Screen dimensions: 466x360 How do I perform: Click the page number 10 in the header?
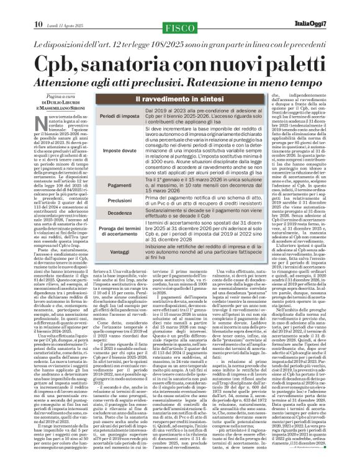click(x=37, y=7)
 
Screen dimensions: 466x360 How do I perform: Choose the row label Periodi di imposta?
click(x=103, y=117)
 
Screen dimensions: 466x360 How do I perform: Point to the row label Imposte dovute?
click(x=103, y=151)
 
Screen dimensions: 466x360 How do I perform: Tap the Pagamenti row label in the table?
click(x=103, y=186)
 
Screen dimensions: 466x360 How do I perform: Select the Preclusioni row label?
click(x=103, y=200)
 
